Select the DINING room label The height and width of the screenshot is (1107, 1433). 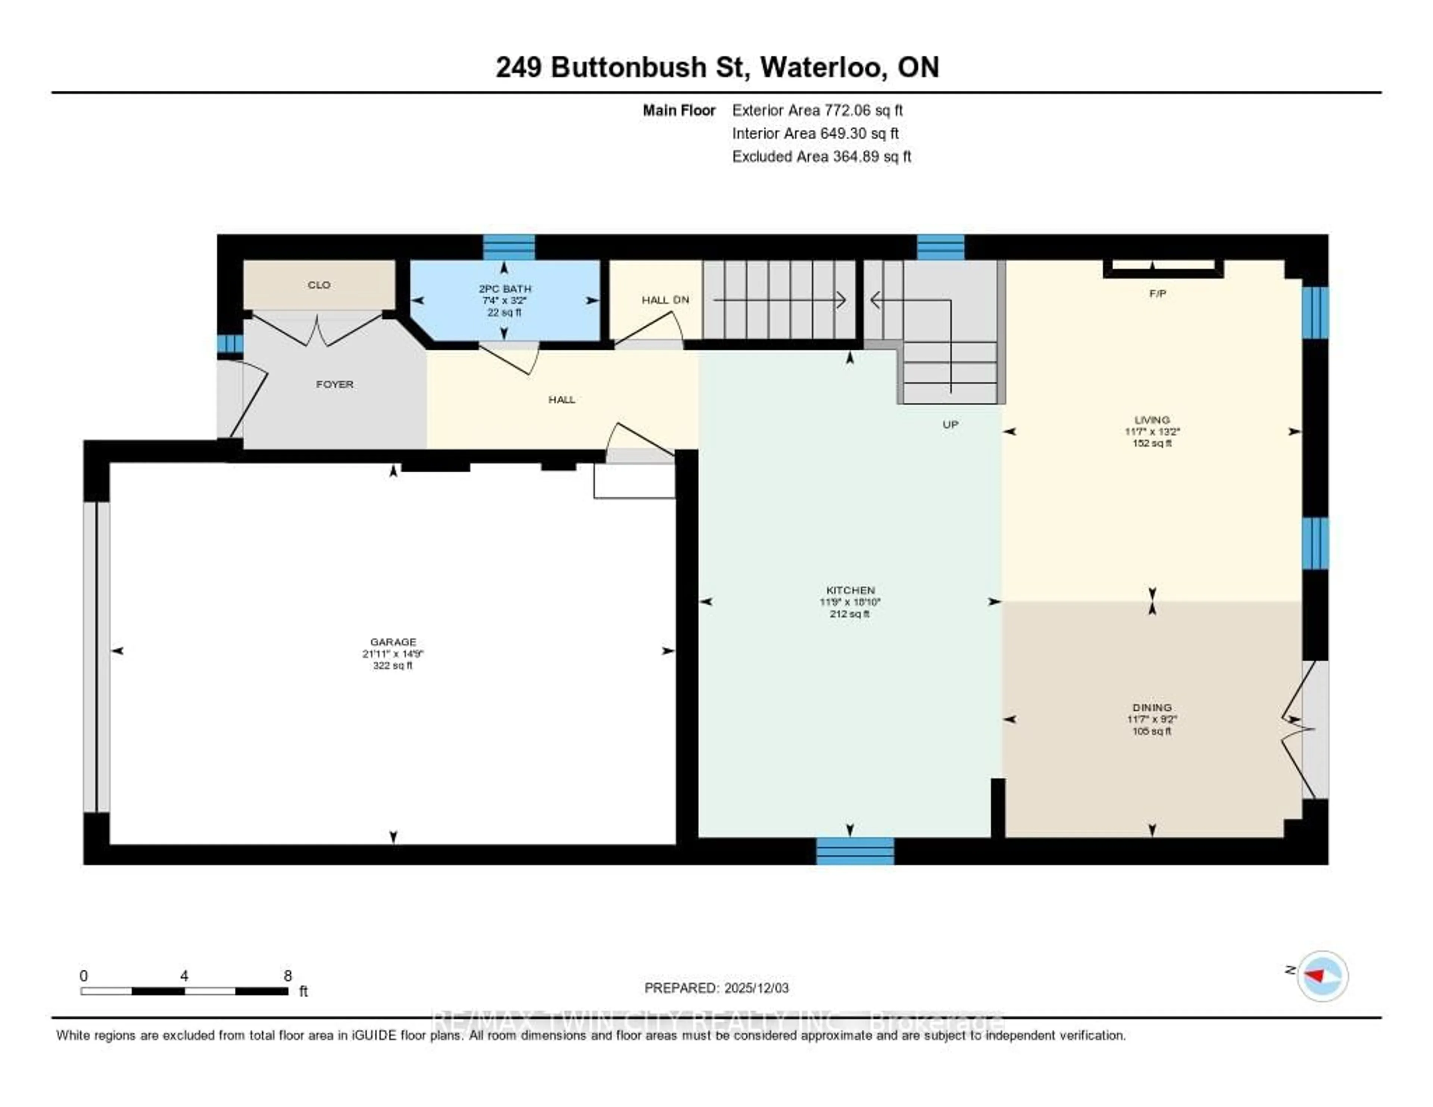click(x=1152, y=707)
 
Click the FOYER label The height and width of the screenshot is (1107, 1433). click(x=335, y=384)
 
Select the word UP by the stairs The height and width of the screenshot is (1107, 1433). click(x=950, y=425)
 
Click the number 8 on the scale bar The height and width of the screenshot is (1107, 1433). click(x=287, y=976)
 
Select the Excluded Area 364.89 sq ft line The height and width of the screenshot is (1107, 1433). click(x=821, y=156)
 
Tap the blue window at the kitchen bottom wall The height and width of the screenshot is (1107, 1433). click(x=854, y=851)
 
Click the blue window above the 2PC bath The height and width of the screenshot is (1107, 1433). click(x=509, y=247)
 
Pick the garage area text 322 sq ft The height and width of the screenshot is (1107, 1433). click(x=392, y=665)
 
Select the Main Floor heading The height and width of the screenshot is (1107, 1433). click(x=678, y=110)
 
